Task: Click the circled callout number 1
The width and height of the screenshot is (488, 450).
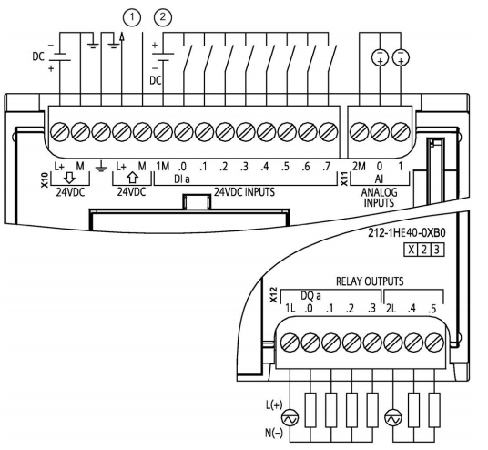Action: point(132,17)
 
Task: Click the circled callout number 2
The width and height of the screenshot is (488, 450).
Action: point(163,17)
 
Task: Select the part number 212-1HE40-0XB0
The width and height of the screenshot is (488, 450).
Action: point(407,233)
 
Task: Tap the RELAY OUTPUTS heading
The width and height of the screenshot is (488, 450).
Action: point(370,281)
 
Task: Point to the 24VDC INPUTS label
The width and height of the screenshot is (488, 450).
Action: point(244,192)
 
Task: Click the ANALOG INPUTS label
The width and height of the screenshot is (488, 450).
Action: point(379,198)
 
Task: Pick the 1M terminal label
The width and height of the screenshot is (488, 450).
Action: point(162,167)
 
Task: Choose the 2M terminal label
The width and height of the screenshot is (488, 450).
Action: point(359,167)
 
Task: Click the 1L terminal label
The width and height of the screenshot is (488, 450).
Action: point(290,308)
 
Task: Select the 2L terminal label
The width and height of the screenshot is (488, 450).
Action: point(391,308)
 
